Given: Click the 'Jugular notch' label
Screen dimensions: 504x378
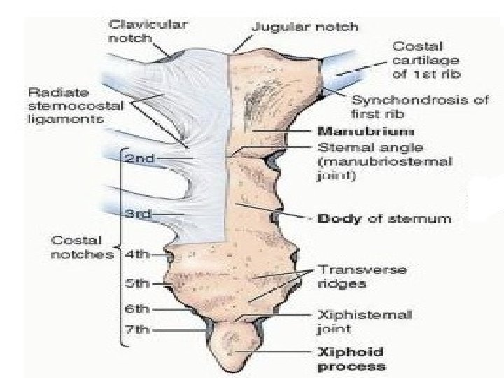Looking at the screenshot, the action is pyautogui.click(x=304, y=27).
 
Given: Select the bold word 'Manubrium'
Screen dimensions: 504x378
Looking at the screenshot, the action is pyautogui.click(x=356, y=131).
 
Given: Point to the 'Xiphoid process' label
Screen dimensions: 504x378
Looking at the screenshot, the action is pyautogui.click(x=351, y=360).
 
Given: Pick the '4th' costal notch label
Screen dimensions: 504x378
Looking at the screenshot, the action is pyautogui.click(x=137, y=254).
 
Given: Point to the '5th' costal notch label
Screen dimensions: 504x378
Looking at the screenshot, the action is pyautogui.click(x=137, y=283).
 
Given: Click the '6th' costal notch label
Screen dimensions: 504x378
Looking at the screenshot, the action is pyautogui.click(x=137, y=308).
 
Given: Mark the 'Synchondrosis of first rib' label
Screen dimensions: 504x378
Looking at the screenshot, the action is pyautogui.click(x=409, y=106).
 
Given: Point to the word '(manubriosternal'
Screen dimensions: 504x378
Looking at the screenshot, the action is pyautogui.click(x=385, y=162).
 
